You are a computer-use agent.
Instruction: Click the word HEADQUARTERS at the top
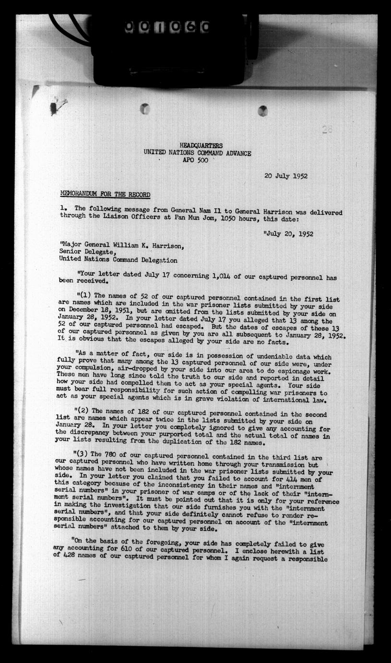pos(201,146)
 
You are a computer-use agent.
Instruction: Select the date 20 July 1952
pos(286,176)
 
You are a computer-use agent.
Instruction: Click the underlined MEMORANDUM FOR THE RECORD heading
pos(105,195)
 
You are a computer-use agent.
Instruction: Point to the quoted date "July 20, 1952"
pos(288,234)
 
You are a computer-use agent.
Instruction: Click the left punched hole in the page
pos(144,109)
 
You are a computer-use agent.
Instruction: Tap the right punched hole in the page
pos(262,111)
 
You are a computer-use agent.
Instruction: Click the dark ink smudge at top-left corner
pos(54,107)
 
